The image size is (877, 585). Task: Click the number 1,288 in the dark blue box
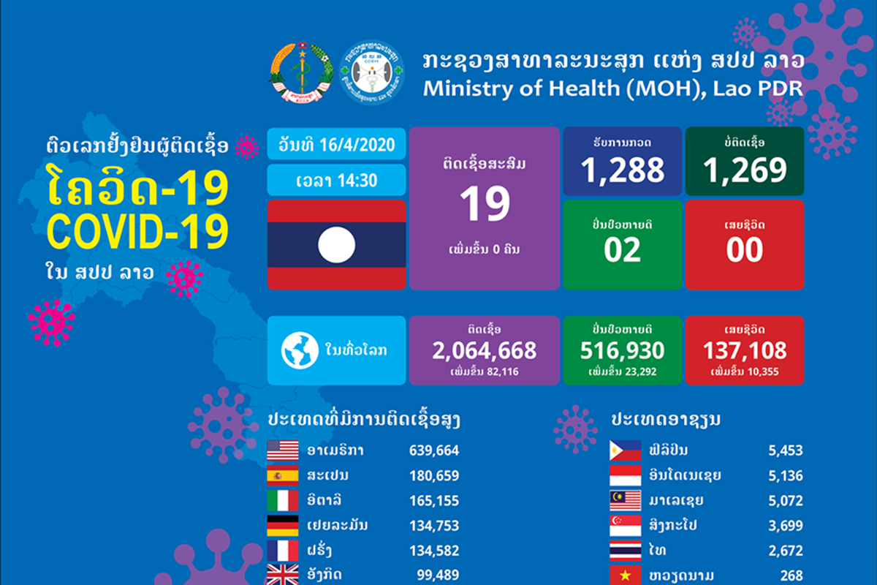(623, 169)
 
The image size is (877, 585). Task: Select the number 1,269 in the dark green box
(745, 169)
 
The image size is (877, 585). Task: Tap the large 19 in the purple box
(485, 205)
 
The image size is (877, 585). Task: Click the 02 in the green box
(623, 249)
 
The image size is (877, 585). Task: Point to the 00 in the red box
(745, 249)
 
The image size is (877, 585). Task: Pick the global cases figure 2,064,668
(485, 350)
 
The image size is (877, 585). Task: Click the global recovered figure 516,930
(623, 350)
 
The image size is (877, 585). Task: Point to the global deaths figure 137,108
(745, 350)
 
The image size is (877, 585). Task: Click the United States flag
(282, 450)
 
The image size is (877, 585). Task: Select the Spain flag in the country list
(282, 476)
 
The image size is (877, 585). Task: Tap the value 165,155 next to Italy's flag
(434, 501)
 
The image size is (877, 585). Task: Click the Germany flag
(282, 526)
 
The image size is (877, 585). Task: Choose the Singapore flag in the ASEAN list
(626, 526)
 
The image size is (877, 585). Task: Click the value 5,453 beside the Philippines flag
(786, 450)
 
